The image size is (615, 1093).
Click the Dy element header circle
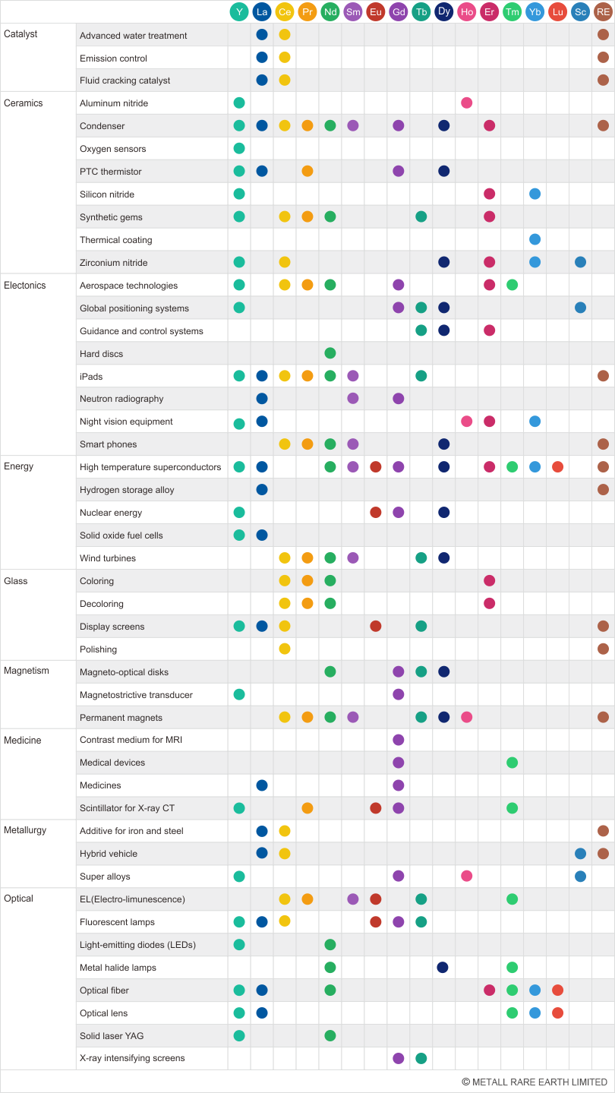click(x=444, y=11)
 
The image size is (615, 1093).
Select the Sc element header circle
click(x=581, y=11)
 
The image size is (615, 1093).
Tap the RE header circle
click(x=604, y=11)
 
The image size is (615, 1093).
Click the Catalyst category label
click(x=20, y=34)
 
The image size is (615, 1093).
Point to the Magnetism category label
click(x=27, y=671)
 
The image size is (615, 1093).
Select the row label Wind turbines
click(x=108, y=558)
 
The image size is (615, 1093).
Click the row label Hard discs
click(x=101, y=354)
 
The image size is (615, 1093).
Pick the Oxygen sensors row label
click(x=112, y=149)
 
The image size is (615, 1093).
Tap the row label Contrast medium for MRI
click(x=131, y=740)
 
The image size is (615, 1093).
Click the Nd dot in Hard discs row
click(x=330, y=353)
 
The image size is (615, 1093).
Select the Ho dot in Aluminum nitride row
click(x=467, y=103)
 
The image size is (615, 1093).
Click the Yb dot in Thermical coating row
click(x=535, y=239)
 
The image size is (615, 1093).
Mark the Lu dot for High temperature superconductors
click(x=558, y=467)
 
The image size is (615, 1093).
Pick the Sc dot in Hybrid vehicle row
click(x=581, y=854)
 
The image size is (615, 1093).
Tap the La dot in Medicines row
click(x=262, y=785)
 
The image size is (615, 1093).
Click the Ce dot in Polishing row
click(x=285, y=649)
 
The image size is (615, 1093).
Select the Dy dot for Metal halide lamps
click(x=444, y=968)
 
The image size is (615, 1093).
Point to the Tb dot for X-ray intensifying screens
click(x=421, y=1058)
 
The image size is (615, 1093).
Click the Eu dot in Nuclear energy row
click(x=376, y=513)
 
